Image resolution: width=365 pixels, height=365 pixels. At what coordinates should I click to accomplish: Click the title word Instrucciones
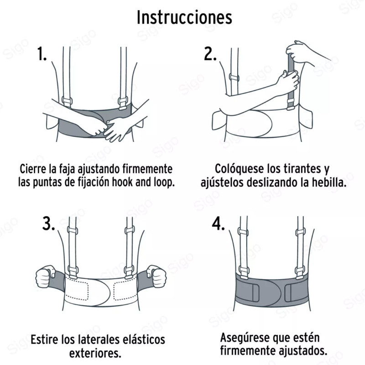(x=184, y=17)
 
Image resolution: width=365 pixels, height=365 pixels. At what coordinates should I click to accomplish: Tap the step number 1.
(x=42, y=55)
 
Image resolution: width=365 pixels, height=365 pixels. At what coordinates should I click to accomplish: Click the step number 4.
(x=219, y=224)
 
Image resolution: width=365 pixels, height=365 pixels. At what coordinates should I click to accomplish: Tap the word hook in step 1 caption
(x=131, y=182)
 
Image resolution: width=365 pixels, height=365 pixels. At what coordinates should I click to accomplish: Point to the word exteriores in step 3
(x=95, y=354)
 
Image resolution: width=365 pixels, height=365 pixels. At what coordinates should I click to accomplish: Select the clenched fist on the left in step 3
(x=45, y=276)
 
